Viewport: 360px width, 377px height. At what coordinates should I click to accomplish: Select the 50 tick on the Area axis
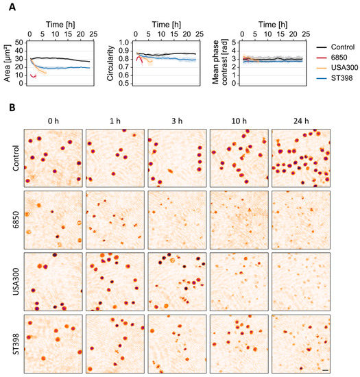[x=21, y=42]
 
